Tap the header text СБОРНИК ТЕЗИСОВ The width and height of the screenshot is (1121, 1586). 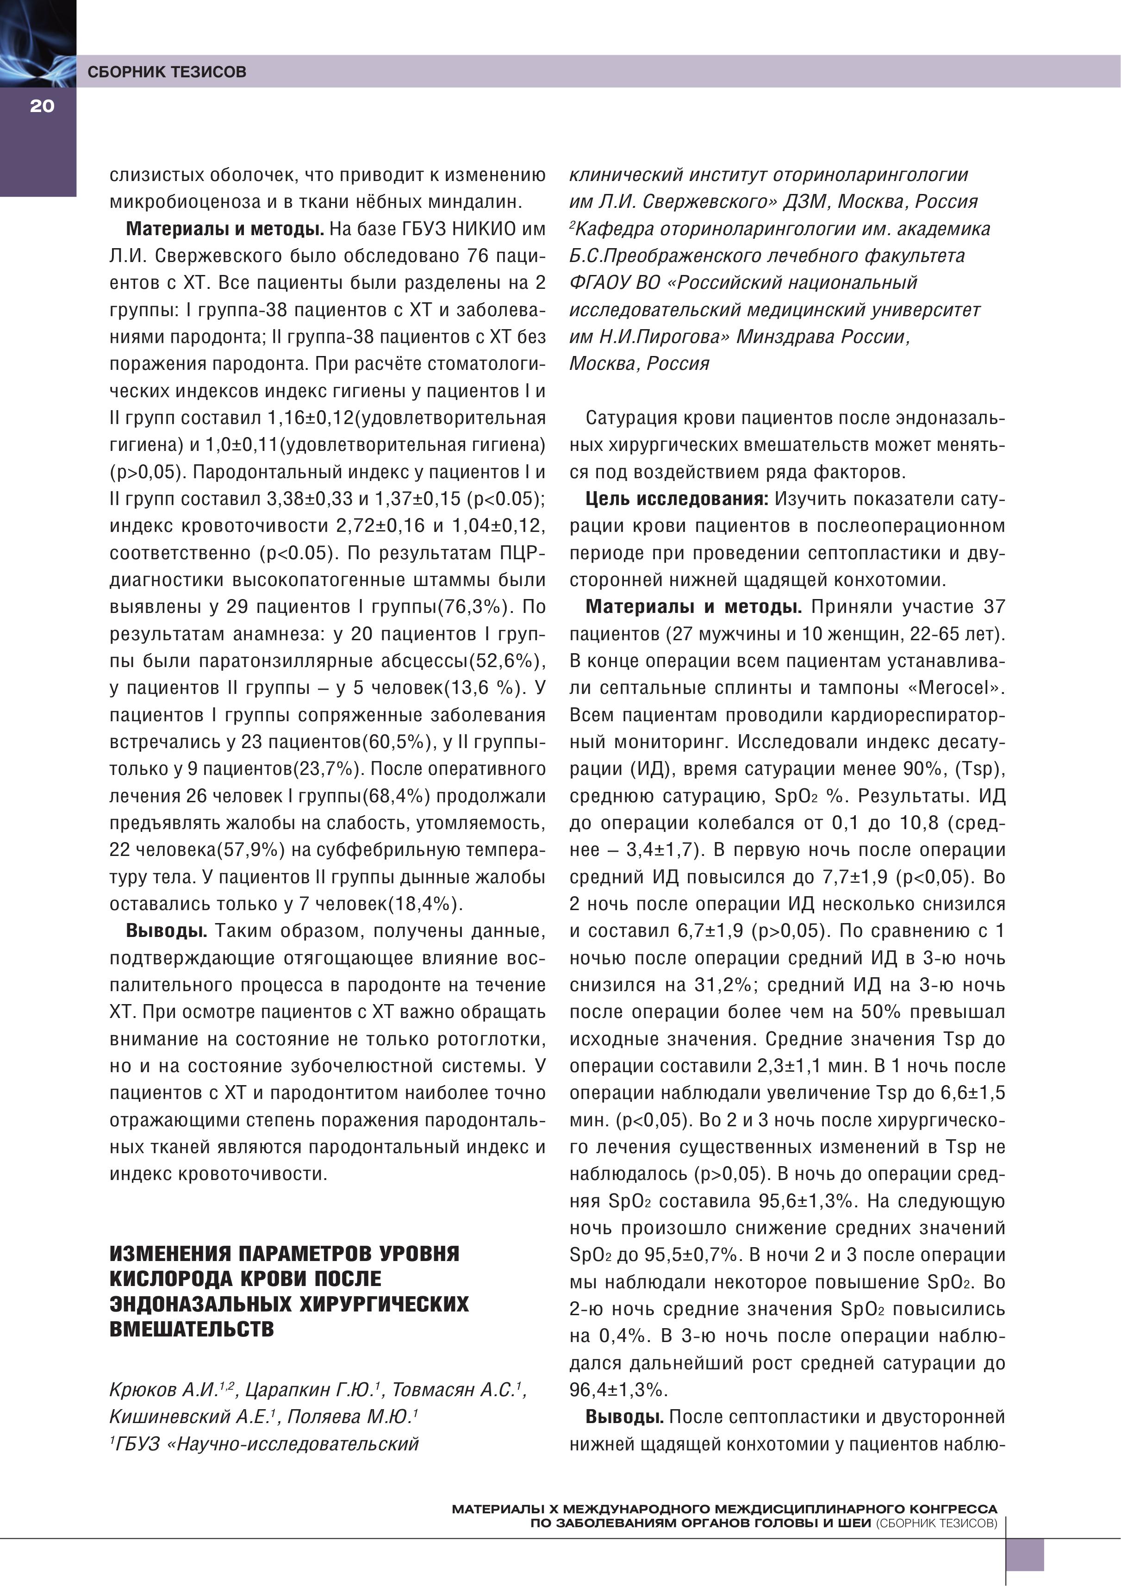(x=167, y=72)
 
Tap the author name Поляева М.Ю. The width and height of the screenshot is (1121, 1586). (x=350, y=1417)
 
